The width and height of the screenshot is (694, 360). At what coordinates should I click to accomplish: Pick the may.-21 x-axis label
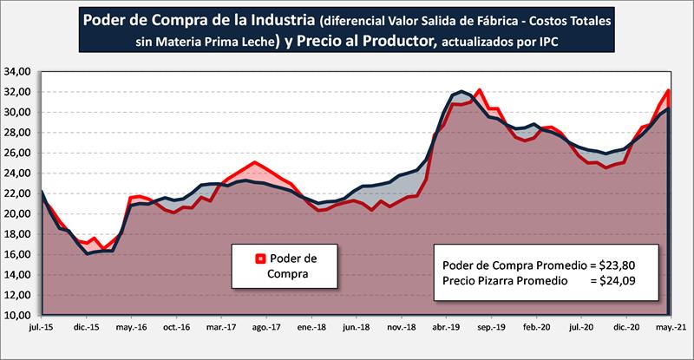pos(667,330)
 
